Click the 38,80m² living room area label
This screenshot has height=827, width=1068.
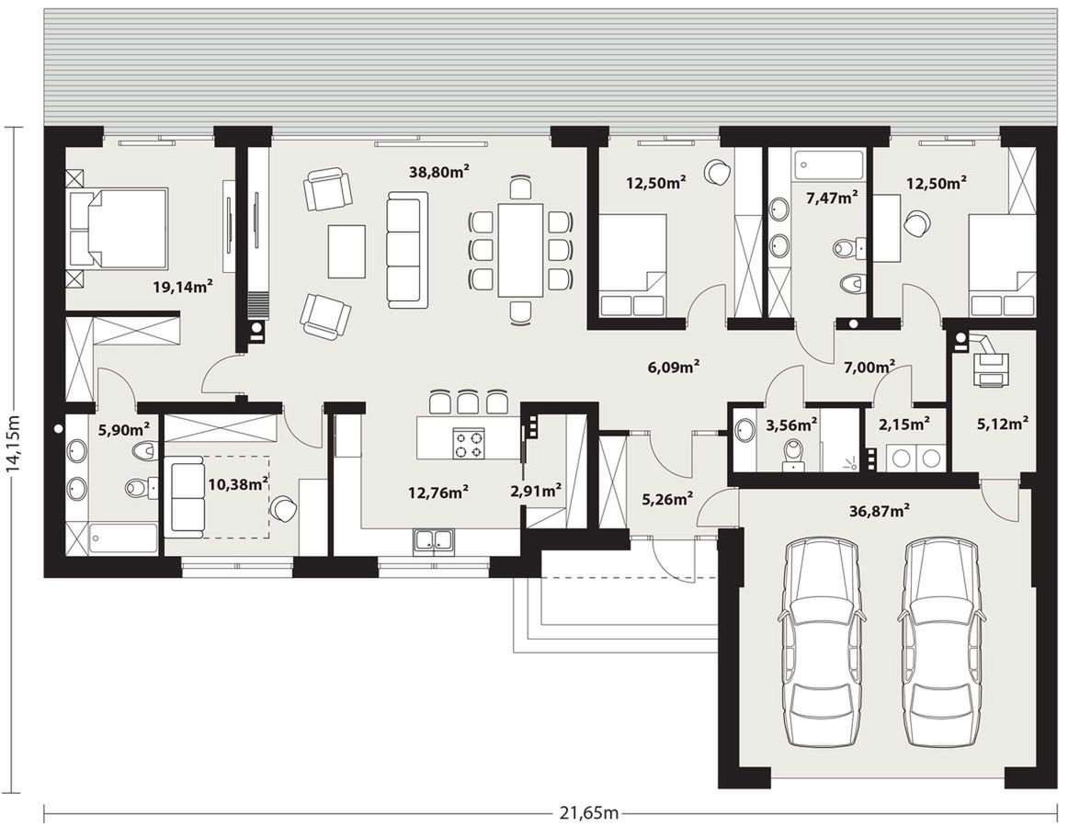point(439,172)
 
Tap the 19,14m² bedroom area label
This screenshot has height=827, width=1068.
point(183,287)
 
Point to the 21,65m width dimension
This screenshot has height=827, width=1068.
point(589,812)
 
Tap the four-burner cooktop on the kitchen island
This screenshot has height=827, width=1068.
point(468,444)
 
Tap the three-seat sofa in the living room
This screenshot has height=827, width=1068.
point(408,249)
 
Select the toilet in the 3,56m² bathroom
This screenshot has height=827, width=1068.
point(793,454)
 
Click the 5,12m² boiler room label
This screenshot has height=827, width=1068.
point(1003,424)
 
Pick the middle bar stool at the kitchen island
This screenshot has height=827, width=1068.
point(469,402)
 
